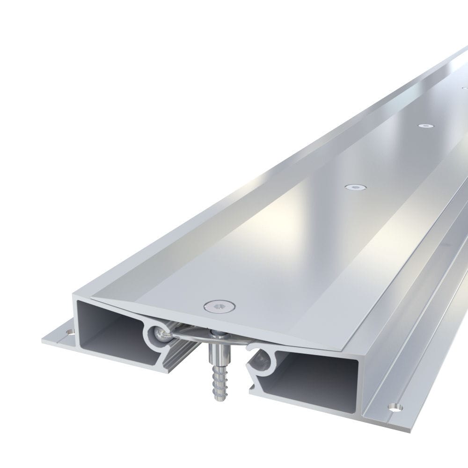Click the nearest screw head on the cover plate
[x=219, y=307]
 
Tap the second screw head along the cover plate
[x=355, y=187]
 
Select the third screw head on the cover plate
[x=425, y=126]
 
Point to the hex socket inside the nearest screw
[x=219, y=307]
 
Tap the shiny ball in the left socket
[x=159, y=334]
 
